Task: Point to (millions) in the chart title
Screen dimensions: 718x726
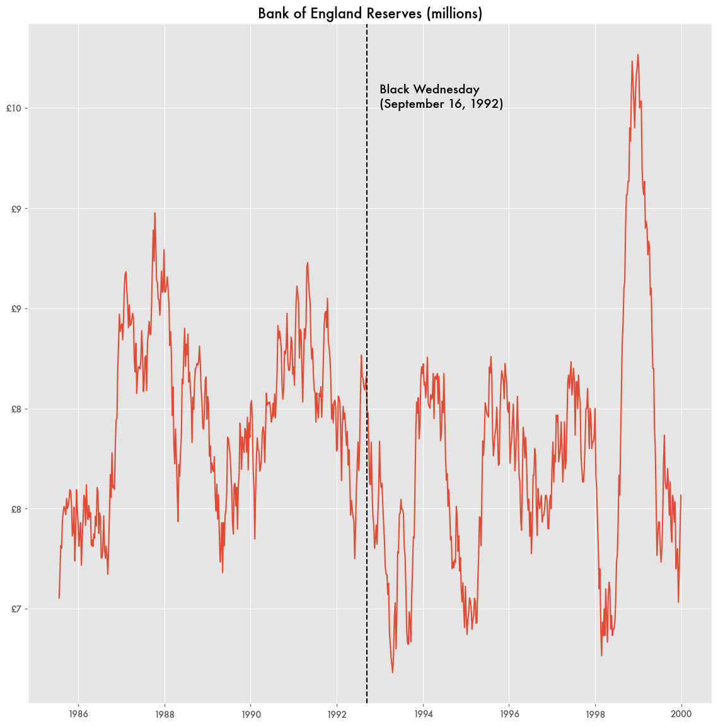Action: [x=455, y=14]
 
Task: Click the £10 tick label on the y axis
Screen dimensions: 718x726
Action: [x=14, y=108]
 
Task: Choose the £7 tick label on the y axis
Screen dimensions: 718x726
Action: [x=16, y=609]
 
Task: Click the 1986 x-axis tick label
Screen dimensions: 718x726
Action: [x=78, y=713]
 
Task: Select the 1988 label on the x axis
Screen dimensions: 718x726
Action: [x=165, y=713]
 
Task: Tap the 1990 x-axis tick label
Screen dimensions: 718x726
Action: [x=251, y=713]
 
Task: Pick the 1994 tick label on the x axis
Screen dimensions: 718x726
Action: [x=423, y=713]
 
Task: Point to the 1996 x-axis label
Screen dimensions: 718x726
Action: [x=509, y=713]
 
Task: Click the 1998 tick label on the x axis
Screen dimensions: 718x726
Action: [x=596, y=713]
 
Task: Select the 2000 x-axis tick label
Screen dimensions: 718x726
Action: [x=681, y=713]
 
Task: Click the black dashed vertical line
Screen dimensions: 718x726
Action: [x=367, y=364]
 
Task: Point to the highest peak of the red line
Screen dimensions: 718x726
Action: [x=638, y=55]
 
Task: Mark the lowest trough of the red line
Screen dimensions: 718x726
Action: [x=393, y=672]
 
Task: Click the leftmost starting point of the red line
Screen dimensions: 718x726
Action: [x=59, y=598]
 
